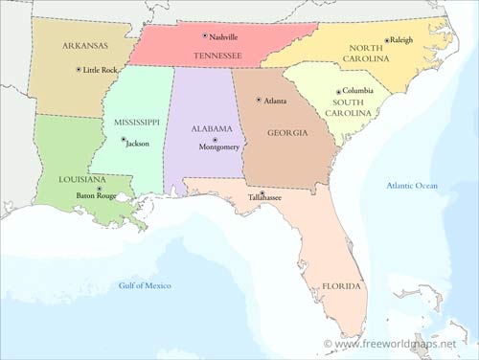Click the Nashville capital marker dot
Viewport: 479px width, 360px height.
204,36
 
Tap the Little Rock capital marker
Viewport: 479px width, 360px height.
79,70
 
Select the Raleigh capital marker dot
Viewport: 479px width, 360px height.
387,40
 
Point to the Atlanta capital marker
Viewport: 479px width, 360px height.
258,100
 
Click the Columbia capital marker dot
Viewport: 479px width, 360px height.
337,91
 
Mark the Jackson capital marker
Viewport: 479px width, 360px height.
123,140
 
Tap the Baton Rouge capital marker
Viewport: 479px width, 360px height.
99,188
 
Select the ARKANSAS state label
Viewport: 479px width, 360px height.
85,45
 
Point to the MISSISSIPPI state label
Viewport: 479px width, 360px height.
136,123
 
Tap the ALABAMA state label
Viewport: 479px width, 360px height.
212,128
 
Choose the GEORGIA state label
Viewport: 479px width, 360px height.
287,133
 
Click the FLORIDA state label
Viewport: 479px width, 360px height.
341,286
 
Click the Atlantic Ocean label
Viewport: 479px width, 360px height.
412,185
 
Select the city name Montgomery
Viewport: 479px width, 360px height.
219,148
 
